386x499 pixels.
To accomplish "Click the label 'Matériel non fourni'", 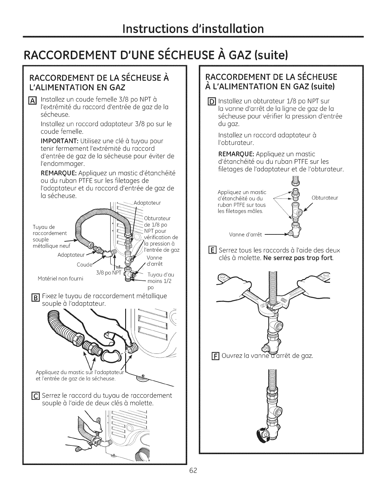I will tap(61, 278).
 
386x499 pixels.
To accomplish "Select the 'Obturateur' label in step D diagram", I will tap(325, 198).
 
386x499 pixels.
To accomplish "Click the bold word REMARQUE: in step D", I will tap(236, 154).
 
